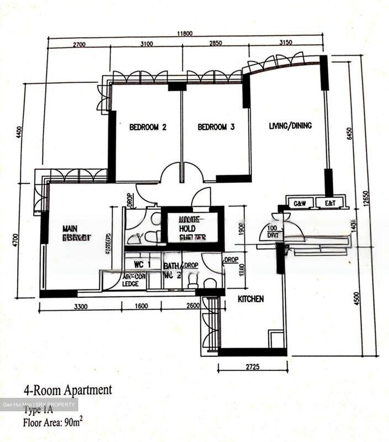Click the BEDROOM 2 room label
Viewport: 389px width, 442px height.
(x=148, y=127)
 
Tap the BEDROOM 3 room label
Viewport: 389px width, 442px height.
(x=216, y=127)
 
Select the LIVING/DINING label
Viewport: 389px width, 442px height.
(x=290, y=126)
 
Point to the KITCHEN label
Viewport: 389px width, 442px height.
(x=251, y=299)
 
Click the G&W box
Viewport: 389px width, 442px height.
(x=300, y=203)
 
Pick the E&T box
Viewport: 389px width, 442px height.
(x=330, y=203)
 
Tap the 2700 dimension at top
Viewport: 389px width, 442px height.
(x=79, y=45)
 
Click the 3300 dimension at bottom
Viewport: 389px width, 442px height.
(x=81, y=306)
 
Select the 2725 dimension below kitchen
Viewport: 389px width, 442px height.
(x=253, y=366)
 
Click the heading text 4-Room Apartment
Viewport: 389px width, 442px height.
(x=68, y=390)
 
